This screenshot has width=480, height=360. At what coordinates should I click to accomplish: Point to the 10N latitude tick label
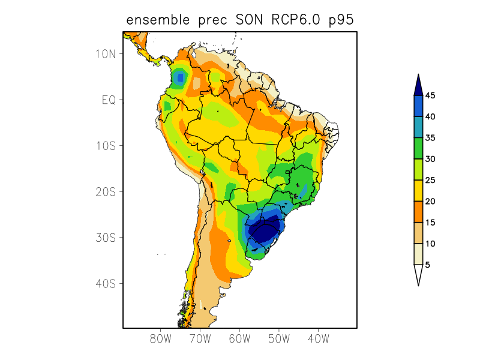[x=106, y=54]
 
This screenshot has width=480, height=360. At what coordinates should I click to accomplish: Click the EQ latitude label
[x=108, y=100]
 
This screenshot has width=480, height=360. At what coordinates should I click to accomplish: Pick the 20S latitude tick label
[x=106, y=191]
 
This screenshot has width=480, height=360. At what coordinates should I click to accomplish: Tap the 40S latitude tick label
[x=106, y=283]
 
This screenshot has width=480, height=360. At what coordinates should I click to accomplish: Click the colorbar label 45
[x=430, y=95]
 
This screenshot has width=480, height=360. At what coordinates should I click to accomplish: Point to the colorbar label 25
[x=430, y=180]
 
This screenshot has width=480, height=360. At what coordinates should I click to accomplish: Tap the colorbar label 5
[x=428, y=265]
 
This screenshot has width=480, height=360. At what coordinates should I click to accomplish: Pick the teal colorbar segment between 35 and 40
[x=418, y=127]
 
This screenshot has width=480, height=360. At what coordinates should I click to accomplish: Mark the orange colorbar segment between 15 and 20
[x=418, y=212]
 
